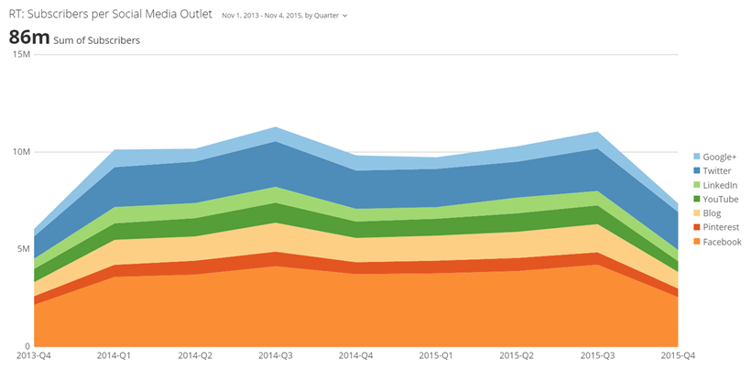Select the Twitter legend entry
point(717,170)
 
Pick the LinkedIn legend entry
point(720,185)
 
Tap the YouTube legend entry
point(720,199)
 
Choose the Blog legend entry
point(712,213)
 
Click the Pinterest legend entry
point(721,227)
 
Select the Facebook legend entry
point(722,242)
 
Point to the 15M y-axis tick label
point(20,55)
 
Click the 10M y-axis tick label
point(20,151)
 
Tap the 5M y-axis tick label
point(23,248)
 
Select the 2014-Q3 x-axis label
point(276,354)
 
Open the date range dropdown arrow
point(344,16)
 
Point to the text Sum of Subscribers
point(97,40)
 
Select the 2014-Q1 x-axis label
point(114,354)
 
